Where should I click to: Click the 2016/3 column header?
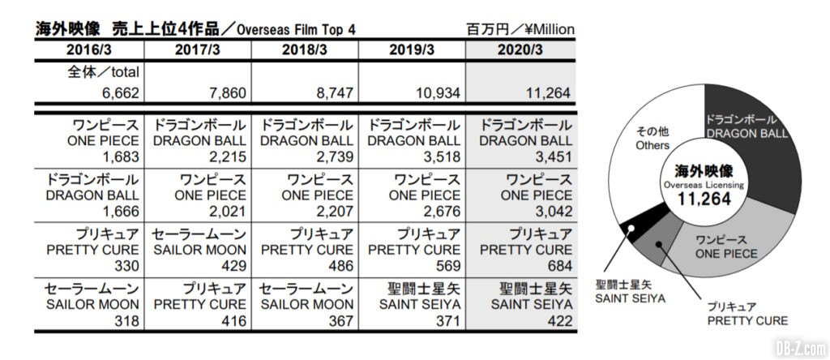(89, 49)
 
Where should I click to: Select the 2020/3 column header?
(523, 49)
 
